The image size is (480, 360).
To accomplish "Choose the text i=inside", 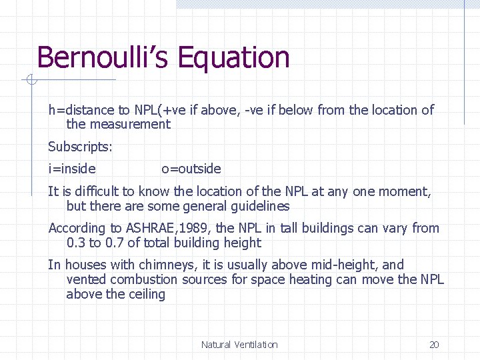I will [72, 169].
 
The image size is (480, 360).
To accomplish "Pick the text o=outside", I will [191, 169].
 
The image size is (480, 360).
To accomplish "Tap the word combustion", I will [143, 279].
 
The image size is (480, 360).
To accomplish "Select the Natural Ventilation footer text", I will [239, 345].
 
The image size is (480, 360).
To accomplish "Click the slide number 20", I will [434, 345].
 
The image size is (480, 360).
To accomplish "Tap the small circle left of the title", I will [30, 81].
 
